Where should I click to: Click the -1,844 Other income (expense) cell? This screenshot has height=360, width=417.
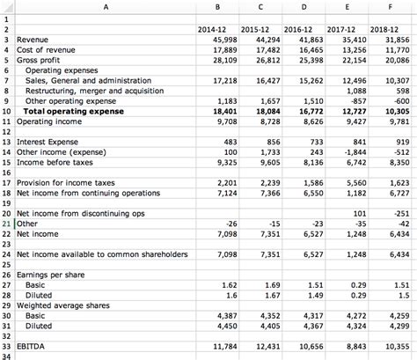click(351, 151)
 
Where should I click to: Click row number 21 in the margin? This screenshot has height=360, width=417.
click(6, 224)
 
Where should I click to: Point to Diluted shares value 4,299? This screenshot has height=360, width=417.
click(395, 325)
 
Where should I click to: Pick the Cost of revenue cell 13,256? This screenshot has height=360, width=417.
click(351, 50)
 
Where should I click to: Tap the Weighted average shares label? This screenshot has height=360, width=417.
click(62, 305)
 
